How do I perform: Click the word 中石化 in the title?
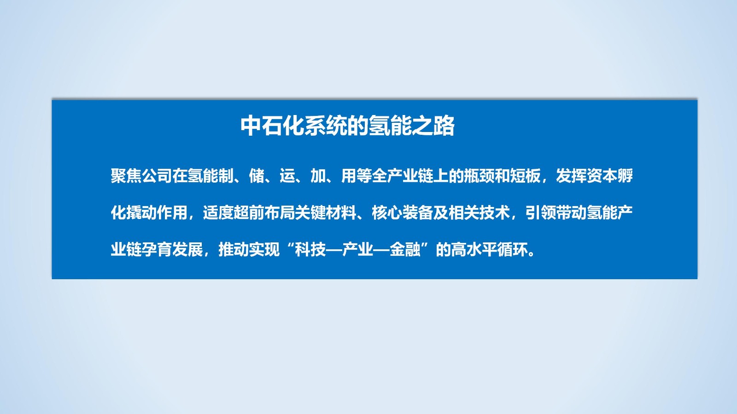(272, 126)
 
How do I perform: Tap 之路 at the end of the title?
(433, 126)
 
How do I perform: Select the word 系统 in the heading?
(325, 126)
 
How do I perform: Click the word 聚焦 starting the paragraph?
(126, 176)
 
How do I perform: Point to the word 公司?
(157, 176)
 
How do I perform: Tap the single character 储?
(257, 176)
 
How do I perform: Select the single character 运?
(287, 176)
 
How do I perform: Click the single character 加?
(318, 176)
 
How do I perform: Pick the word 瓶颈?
(479, 176)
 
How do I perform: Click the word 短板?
(525, 176)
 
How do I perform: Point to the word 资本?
(602, 176)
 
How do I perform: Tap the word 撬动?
(141, 213)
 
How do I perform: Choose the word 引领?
(541, 213)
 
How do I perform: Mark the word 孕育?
(157, 250)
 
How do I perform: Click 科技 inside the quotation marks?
(310, 250)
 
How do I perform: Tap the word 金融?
(405, 250)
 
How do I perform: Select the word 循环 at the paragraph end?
(513, 250)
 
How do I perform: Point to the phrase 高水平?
(474, 250)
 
